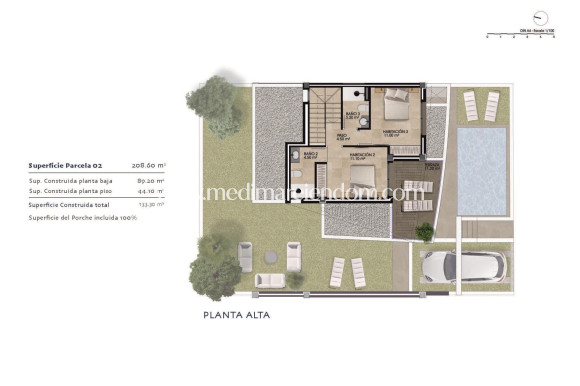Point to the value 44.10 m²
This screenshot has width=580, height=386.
pos(151,191)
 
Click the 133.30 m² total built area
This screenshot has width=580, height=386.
pos(151,204)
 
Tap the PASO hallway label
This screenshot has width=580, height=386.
pos(341,134)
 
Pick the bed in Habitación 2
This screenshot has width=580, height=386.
pos(397,97)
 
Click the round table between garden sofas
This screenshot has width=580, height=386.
pos(266,256)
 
